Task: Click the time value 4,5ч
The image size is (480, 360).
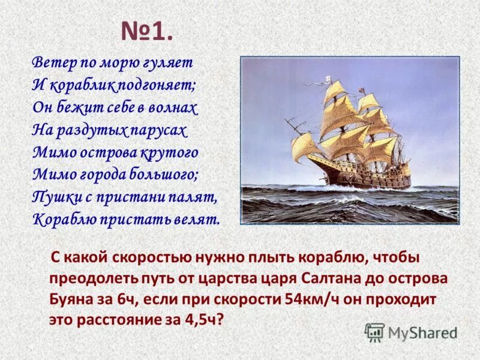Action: click(200, 319)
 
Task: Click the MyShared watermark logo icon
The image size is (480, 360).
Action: click(374, 332)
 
